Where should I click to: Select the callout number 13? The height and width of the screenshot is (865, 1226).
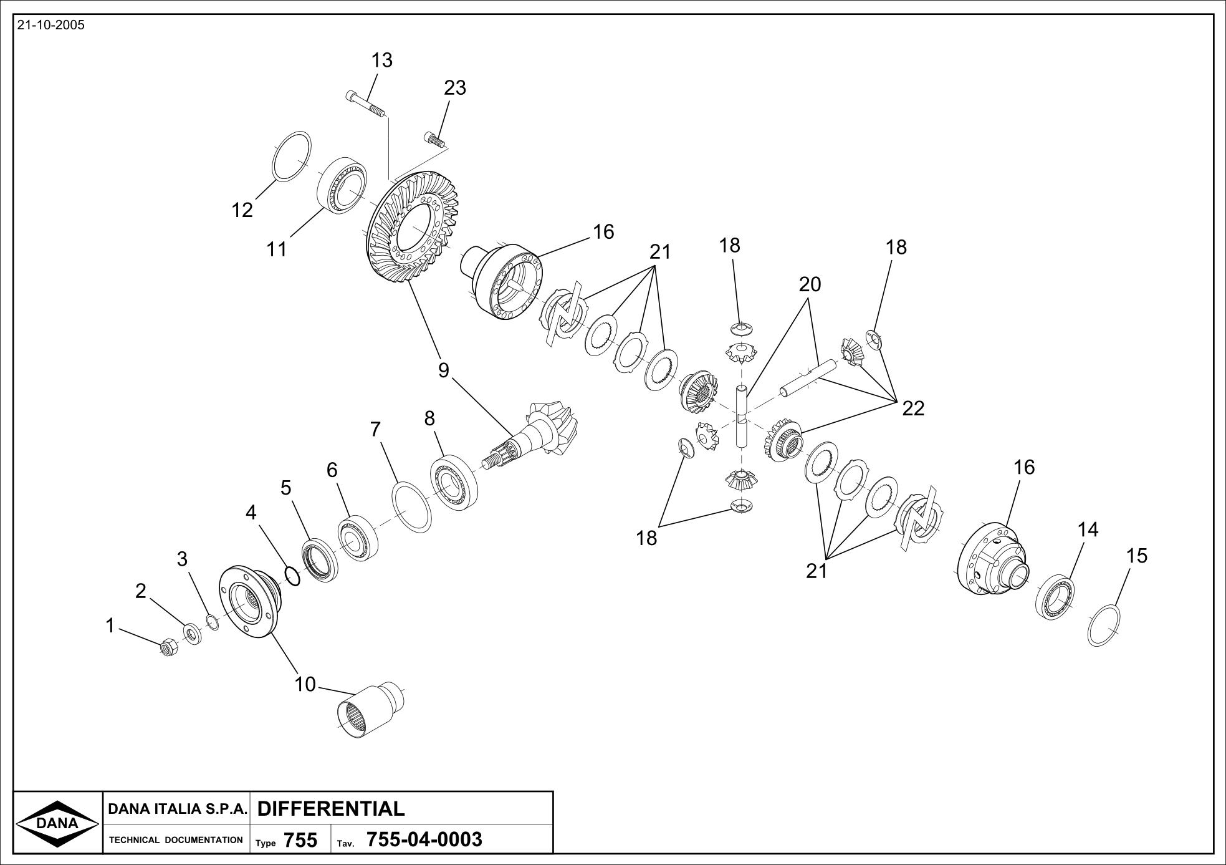(381, 60)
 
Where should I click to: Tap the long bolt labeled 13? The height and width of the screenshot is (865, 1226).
(366, 105)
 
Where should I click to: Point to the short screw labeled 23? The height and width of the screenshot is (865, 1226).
(435, 140)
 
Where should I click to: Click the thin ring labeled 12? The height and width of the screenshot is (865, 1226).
(292, 156)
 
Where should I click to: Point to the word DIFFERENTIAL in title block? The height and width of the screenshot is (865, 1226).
(331, 809)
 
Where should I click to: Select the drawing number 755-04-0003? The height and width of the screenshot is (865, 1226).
(424, 840)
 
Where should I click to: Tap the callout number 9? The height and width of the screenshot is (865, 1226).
(443, 370)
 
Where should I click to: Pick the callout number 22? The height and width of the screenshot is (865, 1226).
(913, 408)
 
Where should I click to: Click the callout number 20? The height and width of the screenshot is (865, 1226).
(810, 284)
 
